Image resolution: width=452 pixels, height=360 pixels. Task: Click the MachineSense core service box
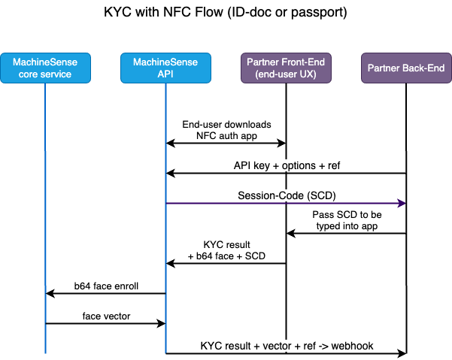click(45, 68)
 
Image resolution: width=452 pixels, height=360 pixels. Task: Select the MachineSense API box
click(165, 68)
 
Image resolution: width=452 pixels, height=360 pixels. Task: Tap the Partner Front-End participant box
click(286, 68)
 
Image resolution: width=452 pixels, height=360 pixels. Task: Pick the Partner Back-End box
click(406, 68)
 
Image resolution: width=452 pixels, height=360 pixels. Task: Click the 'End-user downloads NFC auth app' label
click(226, 129)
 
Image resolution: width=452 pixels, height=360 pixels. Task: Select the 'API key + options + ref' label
click(286, 165)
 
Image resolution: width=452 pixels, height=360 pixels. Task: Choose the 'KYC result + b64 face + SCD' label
click(226, 250)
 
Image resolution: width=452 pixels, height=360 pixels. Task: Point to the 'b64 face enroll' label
click(105, 286)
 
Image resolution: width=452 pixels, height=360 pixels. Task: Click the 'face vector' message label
click(105, 316)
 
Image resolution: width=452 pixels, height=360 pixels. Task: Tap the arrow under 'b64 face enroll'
click(105, 293)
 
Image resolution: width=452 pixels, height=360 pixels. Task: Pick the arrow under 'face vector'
click(105, 323)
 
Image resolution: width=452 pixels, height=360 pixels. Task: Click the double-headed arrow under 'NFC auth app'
click(226, 143)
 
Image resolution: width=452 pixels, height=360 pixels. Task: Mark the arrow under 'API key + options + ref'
click(286, 174)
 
